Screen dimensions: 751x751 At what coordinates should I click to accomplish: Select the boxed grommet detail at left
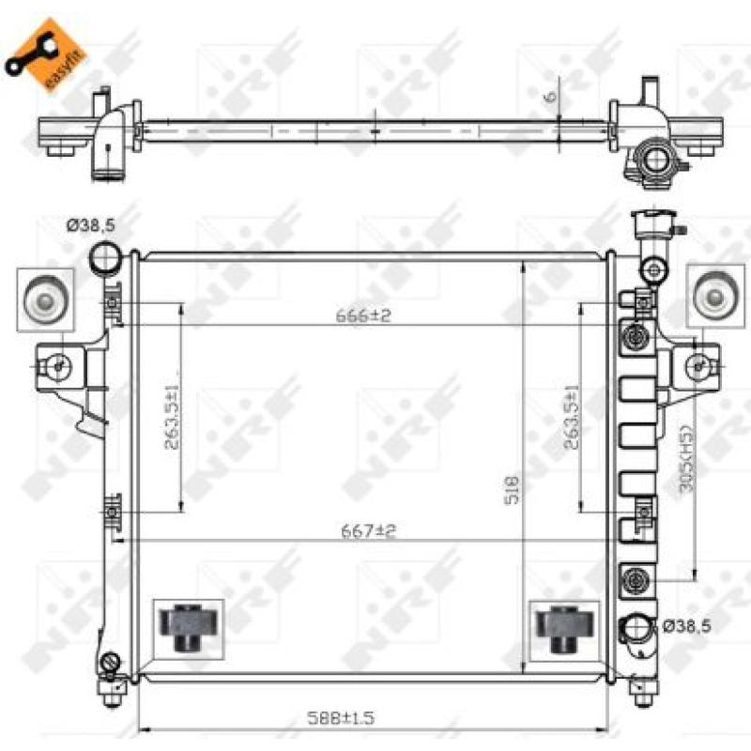[x=45, y=299]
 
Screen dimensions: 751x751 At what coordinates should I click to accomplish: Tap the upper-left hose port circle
[x=104, y=254]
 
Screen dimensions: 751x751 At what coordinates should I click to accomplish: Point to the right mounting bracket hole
[x=697, y=364]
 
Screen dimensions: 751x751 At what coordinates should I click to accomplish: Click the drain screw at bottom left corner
[x=113, y=663]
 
